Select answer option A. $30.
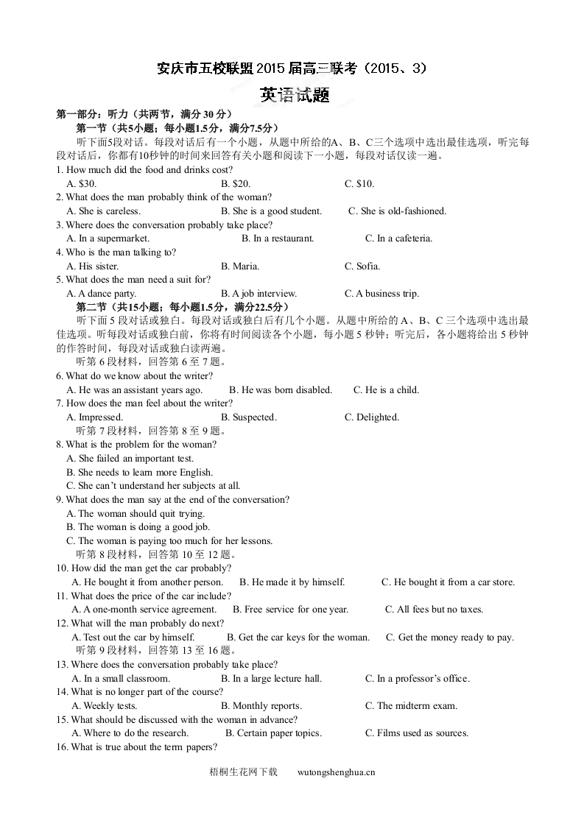click(x=81, y=183)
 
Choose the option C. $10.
click(x=359, y=183)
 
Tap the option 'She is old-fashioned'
click(x=398, y=211)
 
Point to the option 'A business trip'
click(x=381, y=294)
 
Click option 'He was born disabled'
click(x=281, y=390)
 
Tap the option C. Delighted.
click(x=372, y=417)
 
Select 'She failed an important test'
click(x=130, y=459)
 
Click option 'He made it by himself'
click(x=292, y=582)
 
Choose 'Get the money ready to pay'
click(x=450, y=638)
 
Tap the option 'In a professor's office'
click(x=417, y=679)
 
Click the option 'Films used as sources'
click(x=417, y=733)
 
